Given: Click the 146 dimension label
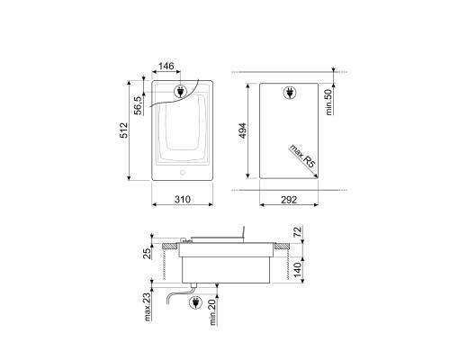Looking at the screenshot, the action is coord(166,66).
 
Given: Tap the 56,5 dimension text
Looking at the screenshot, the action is coord(138,105).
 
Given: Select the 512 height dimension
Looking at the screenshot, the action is coord(123,130).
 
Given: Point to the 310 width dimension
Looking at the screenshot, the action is coord(183,199).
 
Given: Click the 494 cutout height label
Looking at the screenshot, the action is coord(242,130).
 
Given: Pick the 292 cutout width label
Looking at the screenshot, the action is coord(289,199).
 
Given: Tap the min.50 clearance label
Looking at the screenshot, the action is coord(328,102).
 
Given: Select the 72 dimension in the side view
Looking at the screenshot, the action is coord(297,232).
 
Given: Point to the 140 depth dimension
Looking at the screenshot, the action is coord(297,270).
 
